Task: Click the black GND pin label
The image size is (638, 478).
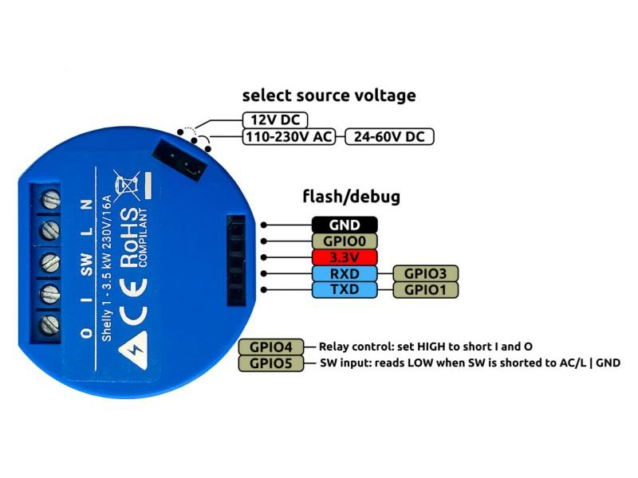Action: (x=345, y=225)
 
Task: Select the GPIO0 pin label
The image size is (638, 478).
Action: (x=345, y=241)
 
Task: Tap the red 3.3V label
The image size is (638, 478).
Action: (x=345, y=257)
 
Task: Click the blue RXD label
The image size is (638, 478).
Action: (x=345, y=273)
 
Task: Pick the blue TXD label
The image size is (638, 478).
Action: (x=345, y=290)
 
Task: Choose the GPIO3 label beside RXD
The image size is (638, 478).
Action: (x=426, y=273)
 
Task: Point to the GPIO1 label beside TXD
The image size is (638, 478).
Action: (x=426, y=290)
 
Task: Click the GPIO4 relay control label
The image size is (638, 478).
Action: (x=271, y=347)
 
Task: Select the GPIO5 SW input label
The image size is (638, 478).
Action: (x=271, y=363)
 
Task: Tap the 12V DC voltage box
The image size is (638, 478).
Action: (x=275, y=120)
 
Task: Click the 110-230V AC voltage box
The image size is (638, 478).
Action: (x=289, y=136)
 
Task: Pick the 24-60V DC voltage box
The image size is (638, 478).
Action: (x=389, y=136)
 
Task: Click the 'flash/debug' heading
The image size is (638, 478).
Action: (x=352, y=196)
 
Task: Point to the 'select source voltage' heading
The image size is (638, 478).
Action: (x=329, y=96)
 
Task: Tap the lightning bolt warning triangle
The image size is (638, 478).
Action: (x=134, y=350)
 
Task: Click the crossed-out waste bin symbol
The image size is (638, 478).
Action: (x=127, y=186)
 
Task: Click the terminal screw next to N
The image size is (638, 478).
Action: (x=51, y=200)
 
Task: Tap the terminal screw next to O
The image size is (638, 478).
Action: (x=51, y=324)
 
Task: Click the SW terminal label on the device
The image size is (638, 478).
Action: (x=86, y=264)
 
